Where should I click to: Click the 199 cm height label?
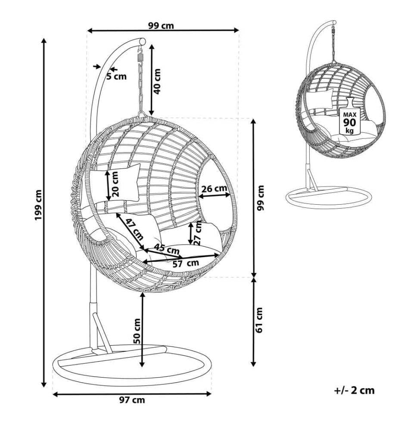point(38,205)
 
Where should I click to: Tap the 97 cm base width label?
point(132,400)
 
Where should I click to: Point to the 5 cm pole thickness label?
point(117,76)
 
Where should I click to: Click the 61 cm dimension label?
point(259,320)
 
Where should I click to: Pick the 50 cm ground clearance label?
point(137,331)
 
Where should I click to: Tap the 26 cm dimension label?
point(214,189)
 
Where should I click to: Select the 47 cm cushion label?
point(134,229)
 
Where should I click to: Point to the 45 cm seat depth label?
point(166,249)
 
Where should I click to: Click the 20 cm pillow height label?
point(115,184)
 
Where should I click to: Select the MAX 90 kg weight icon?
point(350,116)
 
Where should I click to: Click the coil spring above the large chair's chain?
point(140,58)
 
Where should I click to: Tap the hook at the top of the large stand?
point(140,50)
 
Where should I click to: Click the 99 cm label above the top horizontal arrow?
point(161,26)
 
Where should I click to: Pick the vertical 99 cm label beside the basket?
point(261,198)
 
